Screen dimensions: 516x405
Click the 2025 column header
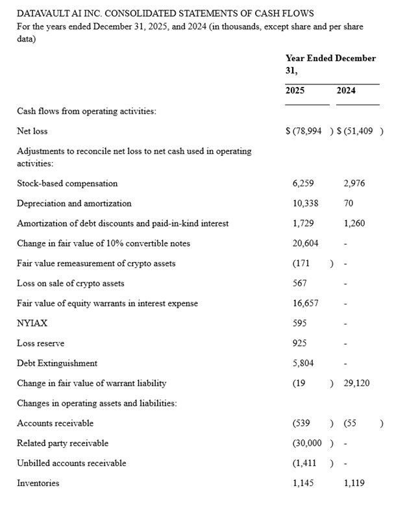(x=295, y=90)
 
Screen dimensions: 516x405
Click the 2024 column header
(x=346, y=90)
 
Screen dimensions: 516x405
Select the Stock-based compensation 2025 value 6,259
(x=304, y=184)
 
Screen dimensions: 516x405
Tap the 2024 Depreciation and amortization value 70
(x=349, y=203)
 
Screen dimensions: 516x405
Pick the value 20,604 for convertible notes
(x=306, y=243)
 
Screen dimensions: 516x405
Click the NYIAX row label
(x=32, y=323)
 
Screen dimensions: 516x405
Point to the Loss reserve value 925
(x=300, y=343)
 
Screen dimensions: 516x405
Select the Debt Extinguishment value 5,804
(x=303, y=363)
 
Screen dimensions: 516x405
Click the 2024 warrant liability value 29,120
(x=356, y=383)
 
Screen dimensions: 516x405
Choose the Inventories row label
(x=38, y=484)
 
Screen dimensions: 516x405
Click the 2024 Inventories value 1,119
(x=354, y=484)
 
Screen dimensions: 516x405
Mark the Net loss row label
(x=32, y=131)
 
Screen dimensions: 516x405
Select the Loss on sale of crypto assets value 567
(x=300, y=284)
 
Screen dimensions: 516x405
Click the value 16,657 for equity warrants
(x=306, y=303)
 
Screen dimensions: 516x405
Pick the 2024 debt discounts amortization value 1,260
(x=354, y=223)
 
